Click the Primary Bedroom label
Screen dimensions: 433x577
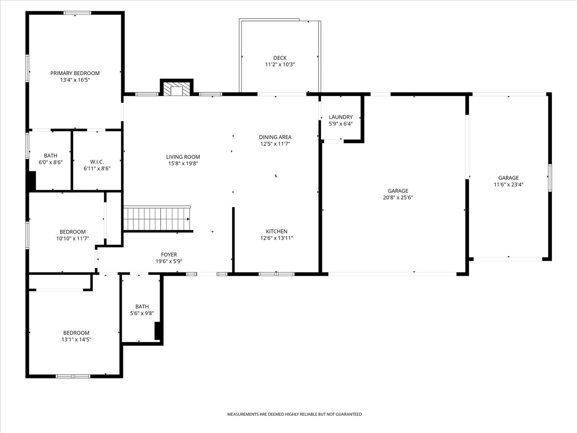75,73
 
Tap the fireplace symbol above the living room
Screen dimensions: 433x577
176,89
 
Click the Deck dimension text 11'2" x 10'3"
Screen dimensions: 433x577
279,64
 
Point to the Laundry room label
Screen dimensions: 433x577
340,117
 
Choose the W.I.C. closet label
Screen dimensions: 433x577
97,162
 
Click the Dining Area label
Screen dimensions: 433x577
275,137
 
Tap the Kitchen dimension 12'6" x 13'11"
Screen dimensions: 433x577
276,238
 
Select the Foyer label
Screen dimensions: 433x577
169,255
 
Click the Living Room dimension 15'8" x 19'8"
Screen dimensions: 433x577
183,164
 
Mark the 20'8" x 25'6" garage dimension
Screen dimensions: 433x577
398,198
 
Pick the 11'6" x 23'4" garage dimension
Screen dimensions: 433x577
508,184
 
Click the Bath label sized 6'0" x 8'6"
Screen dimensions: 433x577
50,156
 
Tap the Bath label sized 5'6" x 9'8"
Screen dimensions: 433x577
142,307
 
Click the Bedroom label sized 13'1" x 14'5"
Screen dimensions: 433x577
76,333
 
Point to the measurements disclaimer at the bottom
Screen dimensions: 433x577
294,414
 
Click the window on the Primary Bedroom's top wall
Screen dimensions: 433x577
78,13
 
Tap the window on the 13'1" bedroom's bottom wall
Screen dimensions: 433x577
73,376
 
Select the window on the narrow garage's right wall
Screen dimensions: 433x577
550,178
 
